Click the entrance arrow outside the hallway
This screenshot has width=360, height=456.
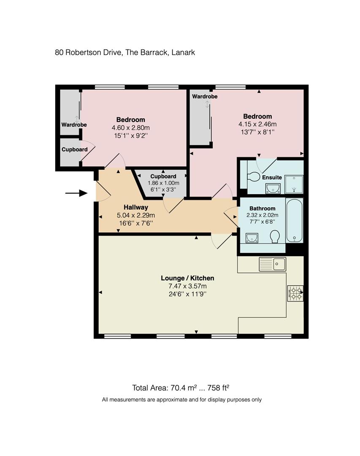coord(76,193)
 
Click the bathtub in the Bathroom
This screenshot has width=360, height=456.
coord(294,220)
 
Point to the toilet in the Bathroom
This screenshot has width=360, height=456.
coord(275,236)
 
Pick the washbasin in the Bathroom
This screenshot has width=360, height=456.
coord(252,238)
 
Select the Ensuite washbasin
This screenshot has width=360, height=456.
coord(273,188)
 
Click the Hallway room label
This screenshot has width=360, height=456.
coord(136,207)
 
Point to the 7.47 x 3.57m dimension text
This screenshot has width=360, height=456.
coord(187,286)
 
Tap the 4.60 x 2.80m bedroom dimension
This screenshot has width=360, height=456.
coord(131,128)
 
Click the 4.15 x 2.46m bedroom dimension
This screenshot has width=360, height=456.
coord(257,124)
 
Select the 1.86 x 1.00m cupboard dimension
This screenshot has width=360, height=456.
coord(163,183)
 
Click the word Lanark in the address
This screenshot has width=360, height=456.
coord(183,53)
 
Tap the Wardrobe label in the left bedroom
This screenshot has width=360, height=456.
coord(74,125)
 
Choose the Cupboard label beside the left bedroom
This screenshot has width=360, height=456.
coord(75,149)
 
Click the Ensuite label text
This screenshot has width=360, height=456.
coord(272,178)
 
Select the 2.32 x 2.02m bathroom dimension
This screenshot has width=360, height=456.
coord(262,215)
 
